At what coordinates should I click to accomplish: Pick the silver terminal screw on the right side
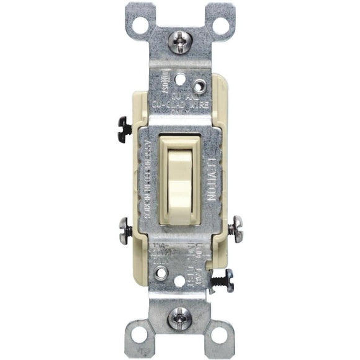pos(235,229)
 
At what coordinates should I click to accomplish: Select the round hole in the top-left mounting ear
pos(140,25)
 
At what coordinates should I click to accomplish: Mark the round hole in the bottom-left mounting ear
pos(140,335)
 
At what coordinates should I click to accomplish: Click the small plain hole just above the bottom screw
pos(180,281)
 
